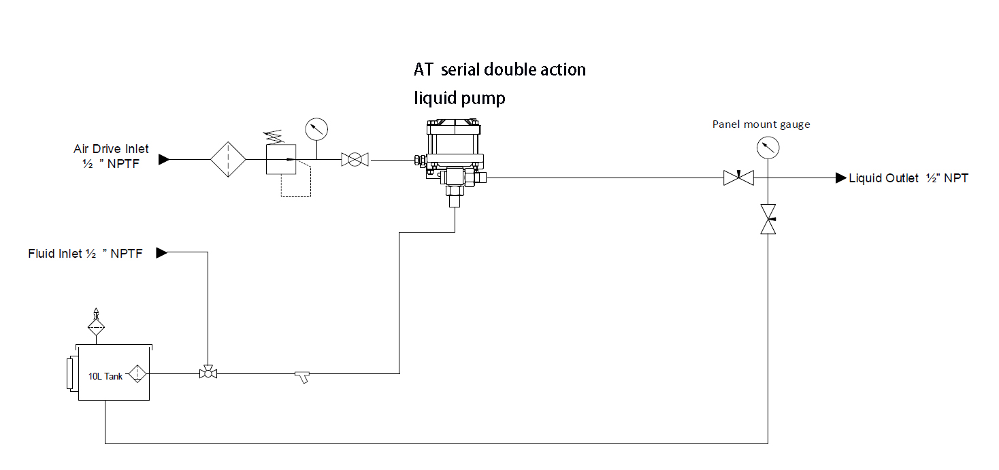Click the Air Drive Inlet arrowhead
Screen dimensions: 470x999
pos(163,159)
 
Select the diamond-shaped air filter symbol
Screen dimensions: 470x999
pos(228,160)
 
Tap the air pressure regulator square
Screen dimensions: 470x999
pos(280,160)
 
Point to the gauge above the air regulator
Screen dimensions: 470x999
pos(316,128)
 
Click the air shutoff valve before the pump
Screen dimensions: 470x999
pos(354,160)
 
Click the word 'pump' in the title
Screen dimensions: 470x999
pos(485,99)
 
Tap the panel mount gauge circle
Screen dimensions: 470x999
pos(768,147)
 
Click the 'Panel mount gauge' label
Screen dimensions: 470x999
pos(761,124)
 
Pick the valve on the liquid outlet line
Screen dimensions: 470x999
pos(738,178)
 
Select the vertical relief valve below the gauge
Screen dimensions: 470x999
pos(768,219)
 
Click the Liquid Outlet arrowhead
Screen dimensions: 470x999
pos(841,178)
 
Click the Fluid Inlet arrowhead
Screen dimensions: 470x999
pos(162,253)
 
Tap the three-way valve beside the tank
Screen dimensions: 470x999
pos(208,373)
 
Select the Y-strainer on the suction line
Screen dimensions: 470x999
pos(302,375)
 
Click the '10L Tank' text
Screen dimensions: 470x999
pos(105,376)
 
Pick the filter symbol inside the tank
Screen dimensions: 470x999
pos(138,373)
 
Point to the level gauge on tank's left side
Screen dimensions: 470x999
pos(71,373)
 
